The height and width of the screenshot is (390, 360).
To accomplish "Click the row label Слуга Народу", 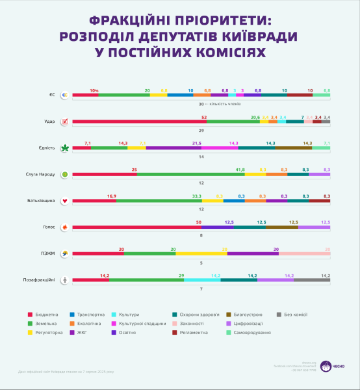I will tap(40, 174).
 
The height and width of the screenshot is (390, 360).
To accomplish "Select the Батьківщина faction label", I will tap(41, 201).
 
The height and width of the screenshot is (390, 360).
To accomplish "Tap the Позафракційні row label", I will tap(40, 280).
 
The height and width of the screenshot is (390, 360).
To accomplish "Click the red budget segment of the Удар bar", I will tap(139, 122).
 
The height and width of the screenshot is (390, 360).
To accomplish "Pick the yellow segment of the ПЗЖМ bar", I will tap(201, 253).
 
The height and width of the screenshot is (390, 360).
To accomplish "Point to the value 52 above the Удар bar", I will tap(204, 116).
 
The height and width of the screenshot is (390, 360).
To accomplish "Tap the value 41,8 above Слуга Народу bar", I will tap(239, 169).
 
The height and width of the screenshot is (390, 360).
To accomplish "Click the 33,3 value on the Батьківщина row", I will tap(196, 196).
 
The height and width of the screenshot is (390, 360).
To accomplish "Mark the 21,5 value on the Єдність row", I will tap(196, 142).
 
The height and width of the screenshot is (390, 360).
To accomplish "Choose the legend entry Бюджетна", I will tap(47, 315).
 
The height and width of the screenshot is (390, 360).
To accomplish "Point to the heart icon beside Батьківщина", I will tap(64, 201).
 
